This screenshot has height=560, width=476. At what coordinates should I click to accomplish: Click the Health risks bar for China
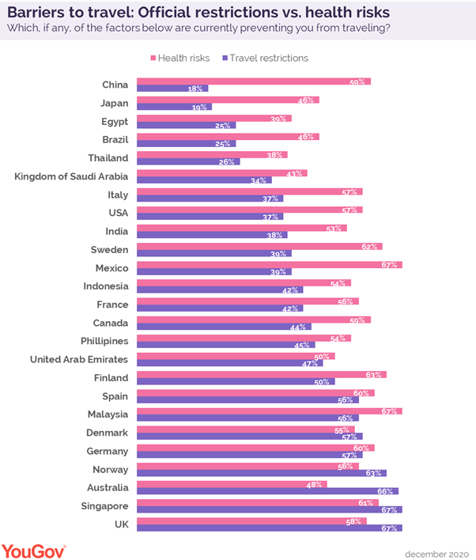coord(253,81)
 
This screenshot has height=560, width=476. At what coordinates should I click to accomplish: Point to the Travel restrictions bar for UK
coord(269,528)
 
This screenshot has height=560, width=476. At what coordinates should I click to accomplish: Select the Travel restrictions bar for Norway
coord(261,473)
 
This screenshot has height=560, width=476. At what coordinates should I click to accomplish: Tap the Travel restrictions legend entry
coord(266,58)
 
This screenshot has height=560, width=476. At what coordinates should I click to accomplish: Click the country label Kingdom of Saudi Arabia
coord(71,176)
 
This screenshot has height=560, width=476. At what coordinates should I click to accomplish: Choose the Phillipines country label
coord(100,341)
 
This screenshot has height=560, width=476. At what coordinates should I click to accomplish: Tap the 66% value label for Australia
coord(387,491)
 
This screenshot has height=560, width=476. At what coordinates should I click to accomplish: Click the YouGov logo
coord(33,549)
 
